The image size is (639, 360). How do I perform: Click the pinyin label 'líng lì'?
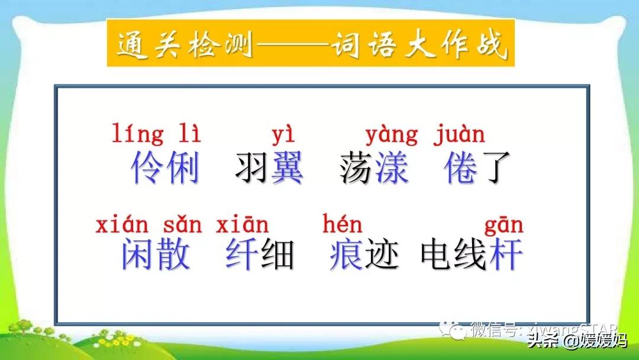156,134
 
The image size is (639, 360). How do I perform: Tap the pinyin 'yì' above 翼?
282,136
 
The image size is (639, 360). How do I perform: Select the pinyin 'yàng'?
391,136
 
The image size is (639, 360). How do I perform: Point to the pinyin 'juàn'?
459,134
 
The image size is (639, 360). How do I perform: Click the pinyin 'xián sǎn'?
149,225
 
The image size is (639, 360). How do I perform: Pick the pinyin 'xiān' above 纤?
242,225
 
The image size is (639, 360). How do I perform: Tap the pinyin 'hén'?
343,224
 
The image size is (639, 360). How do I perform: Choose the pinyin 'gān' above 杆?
504,226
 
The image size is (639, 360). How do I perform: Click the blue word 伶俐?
165,168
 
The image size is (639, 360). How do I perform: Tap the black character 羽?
252,168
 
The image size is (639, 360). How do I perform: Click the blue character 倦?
460,168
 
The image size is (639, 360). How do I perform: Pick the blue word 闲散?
156,255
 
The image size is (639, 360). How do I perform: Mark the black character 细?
277,255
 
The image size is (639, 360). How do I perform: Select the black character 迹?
381,255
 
